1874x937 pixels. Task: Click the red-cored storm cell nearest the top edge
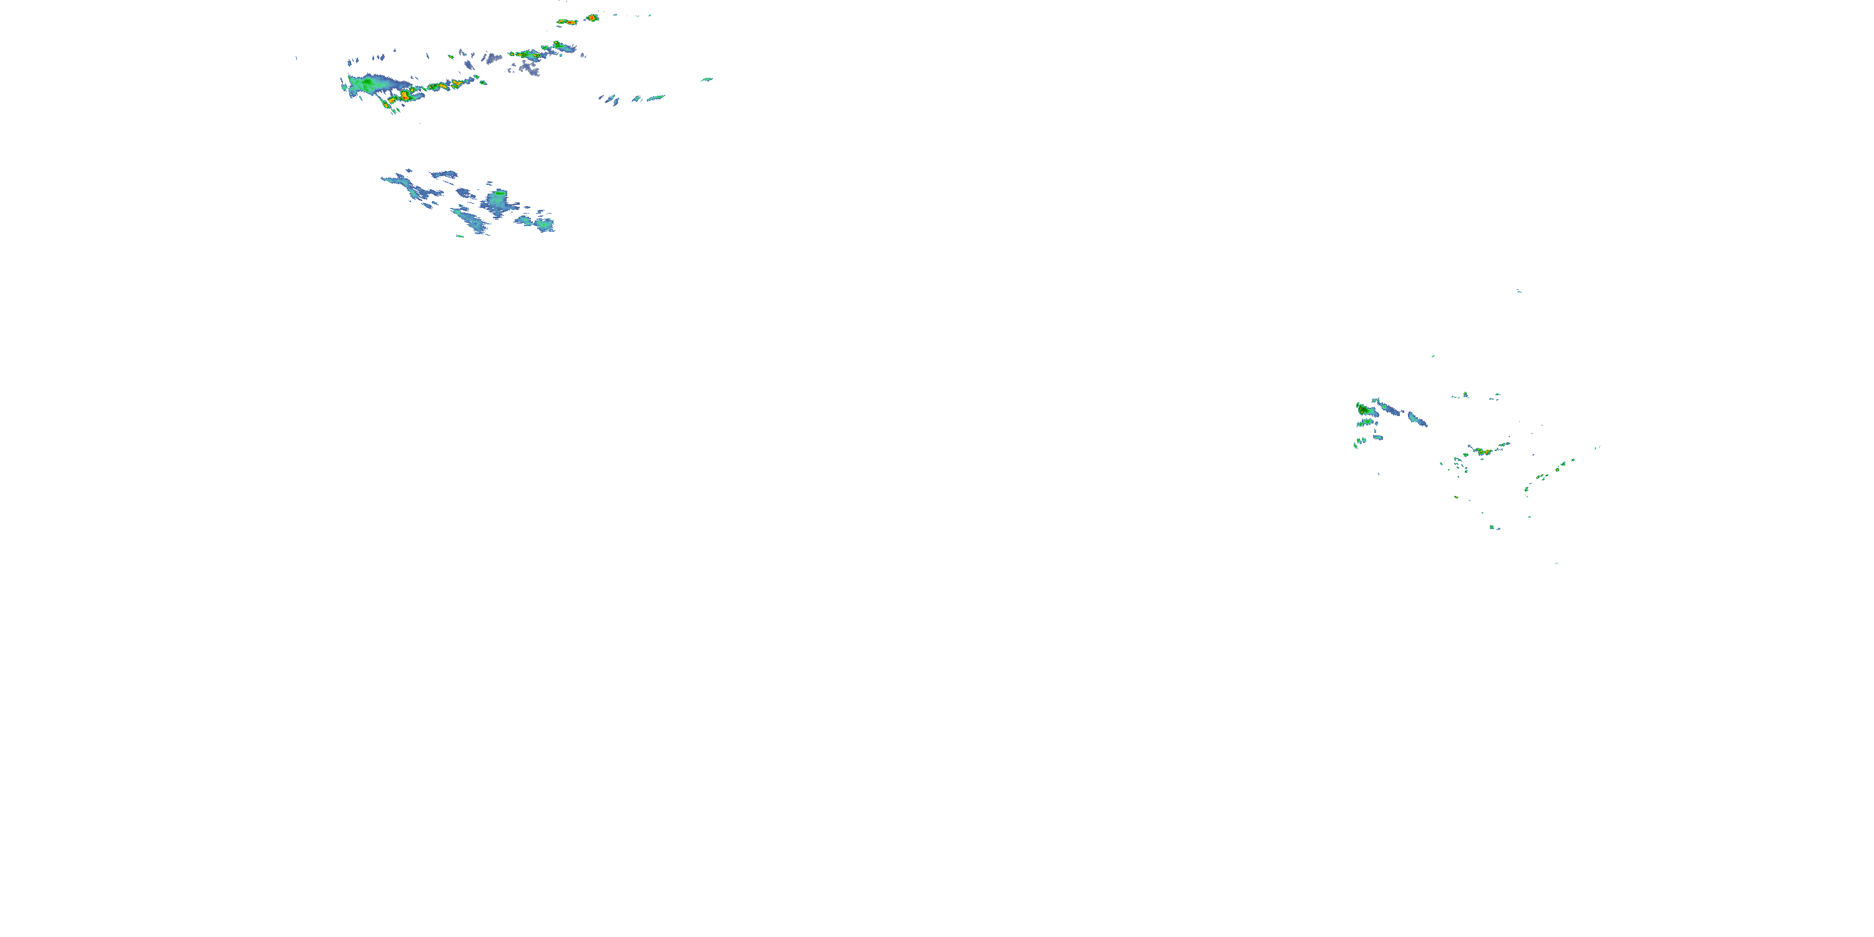coord(593,17)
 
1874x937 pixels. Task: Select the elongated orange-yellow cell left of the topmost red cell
coord(567,22)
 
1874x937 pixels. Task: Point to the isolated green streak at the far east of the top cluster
coord(706,79)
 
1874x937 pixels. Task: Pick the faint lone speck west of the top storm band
coord(296,57)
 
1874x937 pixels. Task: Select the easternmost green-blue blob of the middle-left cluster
coord(544,225)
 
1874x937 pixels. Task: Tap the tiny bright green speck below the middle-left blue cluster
coord(460,235)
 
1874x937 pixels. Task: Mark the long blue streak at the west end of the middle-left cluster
coord(397,179)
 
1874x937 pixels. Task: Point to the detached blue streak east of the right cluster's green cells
coord(1417,419)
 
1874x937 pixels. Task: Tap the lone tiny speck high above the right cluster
coord(1519,291)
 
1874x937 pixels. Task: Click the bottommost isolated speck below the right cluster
coord(1557,562)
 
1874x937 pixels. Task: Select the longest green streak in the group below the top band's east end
coord(655,97)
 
